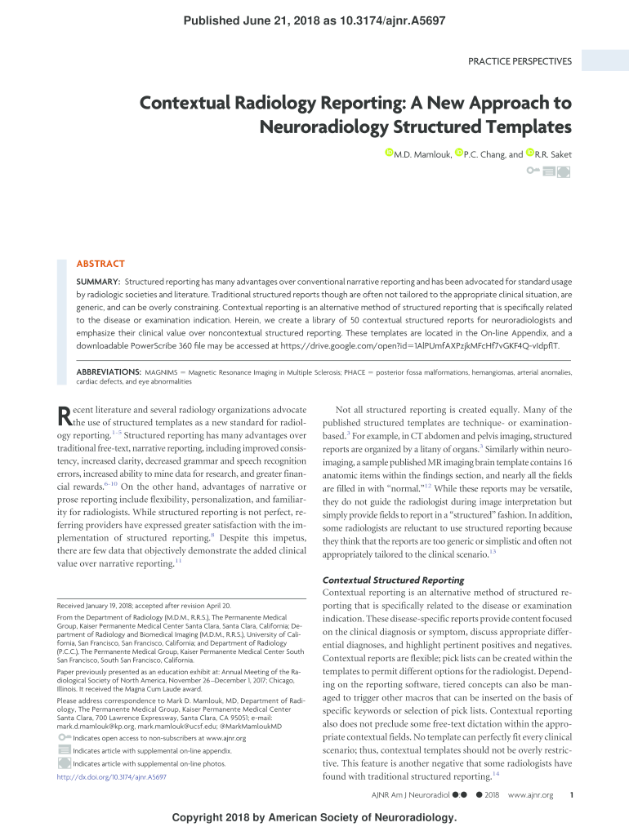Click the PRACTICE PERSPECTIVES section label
tap(520, 61)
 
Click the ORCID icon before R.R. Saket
tap(529, 153)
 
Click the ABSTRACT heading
tap(100, 264)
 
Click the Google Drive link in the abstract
tap(435, 345)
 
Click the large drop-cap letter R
tap(64, 416)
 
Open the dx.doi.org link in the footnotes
tap(111, 777)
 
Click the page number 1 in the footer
tap(572, 795)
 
